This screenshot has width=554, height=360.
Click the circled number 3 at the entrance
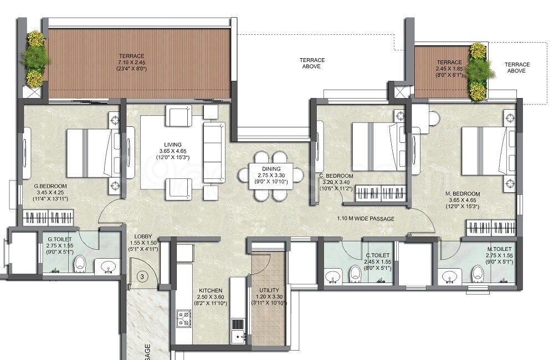142,276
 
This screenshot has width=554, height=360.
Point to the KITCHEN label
211,290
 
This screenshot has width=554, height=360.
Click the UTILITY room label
269,290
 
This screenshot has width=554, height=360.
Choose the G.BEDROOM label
50,186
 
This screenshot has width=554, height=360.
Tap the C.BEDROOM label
337,176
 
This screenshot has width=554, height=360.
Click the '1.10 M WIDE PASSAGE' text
366,219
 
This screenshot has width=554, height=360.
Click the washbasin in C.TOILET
332,275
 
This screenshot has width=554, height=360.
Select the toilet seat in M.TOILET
478,272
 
